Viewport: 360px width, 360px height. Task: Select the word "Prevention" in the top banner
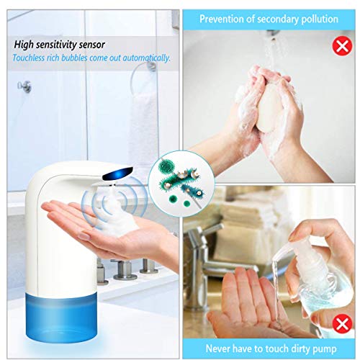221,19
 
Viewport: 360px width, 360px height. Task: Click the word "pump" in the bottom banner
326,349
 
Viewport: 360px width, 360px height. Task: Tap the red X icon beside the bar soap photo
342,45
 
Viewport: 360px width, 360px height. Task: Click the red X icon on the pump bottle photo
342,323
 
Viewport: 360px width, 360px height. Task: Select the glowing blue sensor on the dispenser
117,174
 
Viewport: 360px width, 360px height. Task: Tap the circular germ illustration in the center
181,184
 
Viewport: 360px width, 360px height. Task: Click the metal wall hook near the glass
24,86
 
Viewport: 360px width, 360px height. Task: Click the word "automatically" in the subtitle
146,58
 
